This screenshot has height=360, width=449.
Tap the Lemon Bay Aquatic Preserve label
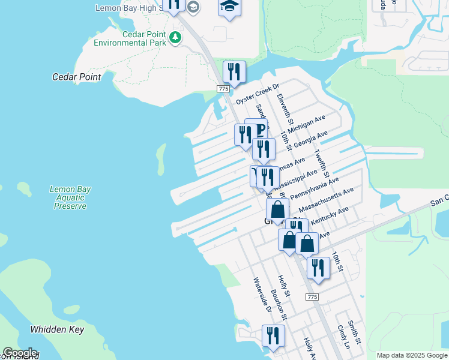tap(70, 197)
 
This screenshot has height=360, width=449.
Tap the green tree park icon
tap(175, 38)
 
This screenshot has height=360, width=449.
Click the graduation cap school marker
tap(229, 7)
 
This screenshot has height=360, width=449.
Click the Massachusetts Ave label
tap(326, 200)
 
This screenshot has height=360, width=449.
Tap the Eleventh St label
tap(285, 106)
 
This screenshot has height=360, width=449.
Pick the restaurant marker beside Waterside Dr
tap(273, 336)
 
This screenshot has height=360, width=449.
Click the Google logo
tap(20, 353)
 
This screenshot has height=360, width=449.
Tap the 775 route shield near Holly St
tap(312, 297)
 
